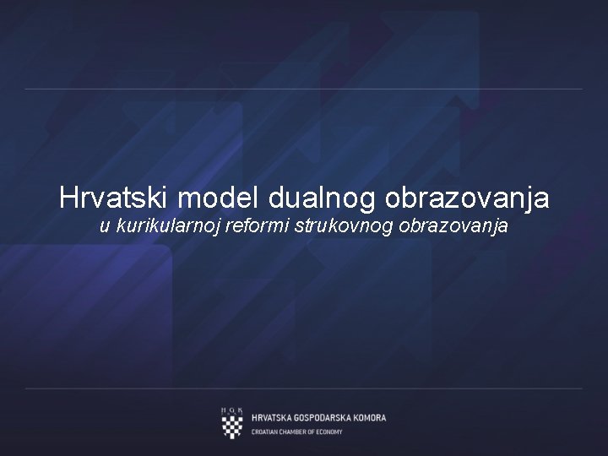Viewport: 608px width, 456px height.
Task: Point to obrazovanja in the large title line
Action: pyautogui.click(x=467, y=198)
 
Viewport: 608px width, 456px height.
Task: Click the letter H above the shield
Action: pyautogui.click(x=224, y=410)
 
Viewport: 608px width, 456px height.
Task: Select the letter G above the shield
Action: pyautogui.click(x=232, y=410)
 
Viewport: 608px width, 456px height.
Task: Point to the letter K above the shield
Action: pyautogui.click(x=241, y=410)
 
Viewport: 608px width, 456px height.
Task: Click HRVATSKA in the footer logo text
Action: pyautogui.click(x=273, y=418)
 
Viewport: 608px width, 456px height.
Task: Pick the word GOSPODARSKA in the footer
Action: pyautogui.click(x=325, y=418)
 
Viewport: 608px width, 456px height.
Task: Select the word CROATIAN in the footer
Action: pyautogui.click(x=268, y=432)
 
